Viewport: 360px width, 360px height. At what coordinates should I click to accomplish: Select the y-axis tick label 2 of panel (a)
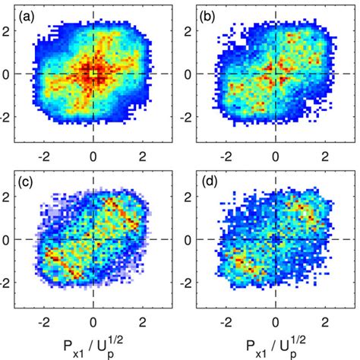(x=11, y=31)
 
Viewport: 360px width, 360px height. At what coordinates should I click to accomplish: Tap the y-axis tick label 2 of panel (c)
(x=11, y=197)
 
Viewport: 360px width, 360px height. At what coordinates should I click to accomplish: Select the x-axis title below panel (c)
(x=93, y=346)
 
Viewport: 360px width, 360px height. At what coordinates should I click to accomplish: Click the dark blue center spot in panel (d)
(x=276, y=240)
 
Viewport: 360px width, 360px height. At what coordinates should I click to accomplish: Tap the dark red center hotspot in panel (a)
(x=92, y=74)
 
